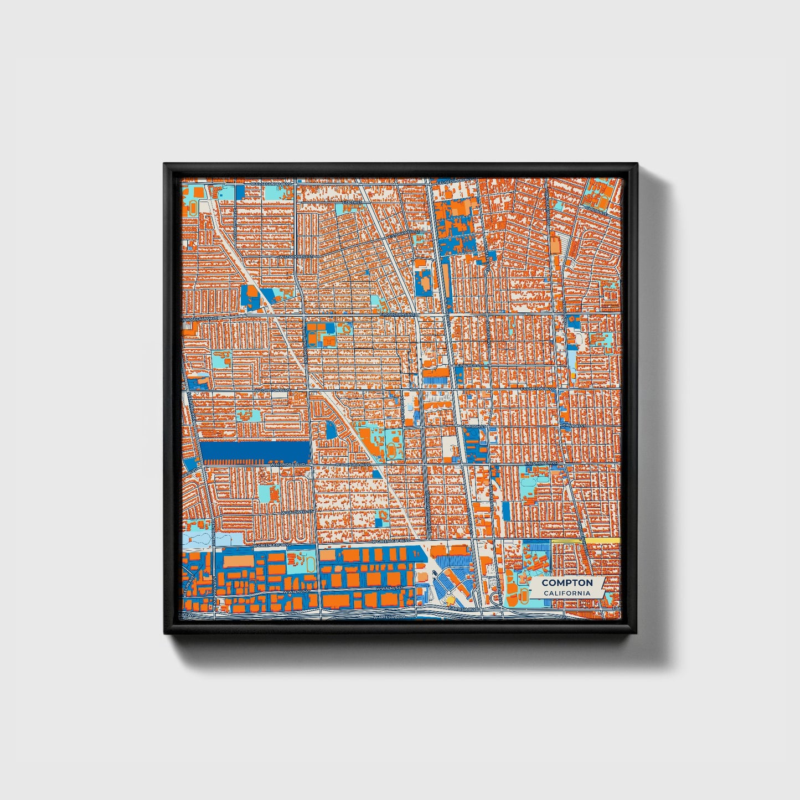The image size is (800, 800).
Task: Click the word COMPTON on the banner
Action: pos(567,582)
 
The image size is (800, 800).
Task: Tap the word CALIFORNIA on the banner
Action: pos(567,593)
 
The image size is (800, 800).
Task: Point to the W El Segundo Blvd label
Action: pos(271,183)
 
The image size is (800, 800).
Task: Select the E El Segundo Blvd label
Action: pos(455,182)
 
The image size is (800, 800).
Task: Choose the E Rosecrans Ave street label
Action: pos(396,314)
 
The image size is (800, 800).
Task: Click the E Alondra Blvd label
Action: pos(540,462)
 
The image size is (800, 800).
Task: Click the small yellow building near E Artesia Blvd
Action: pos(451,600)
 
